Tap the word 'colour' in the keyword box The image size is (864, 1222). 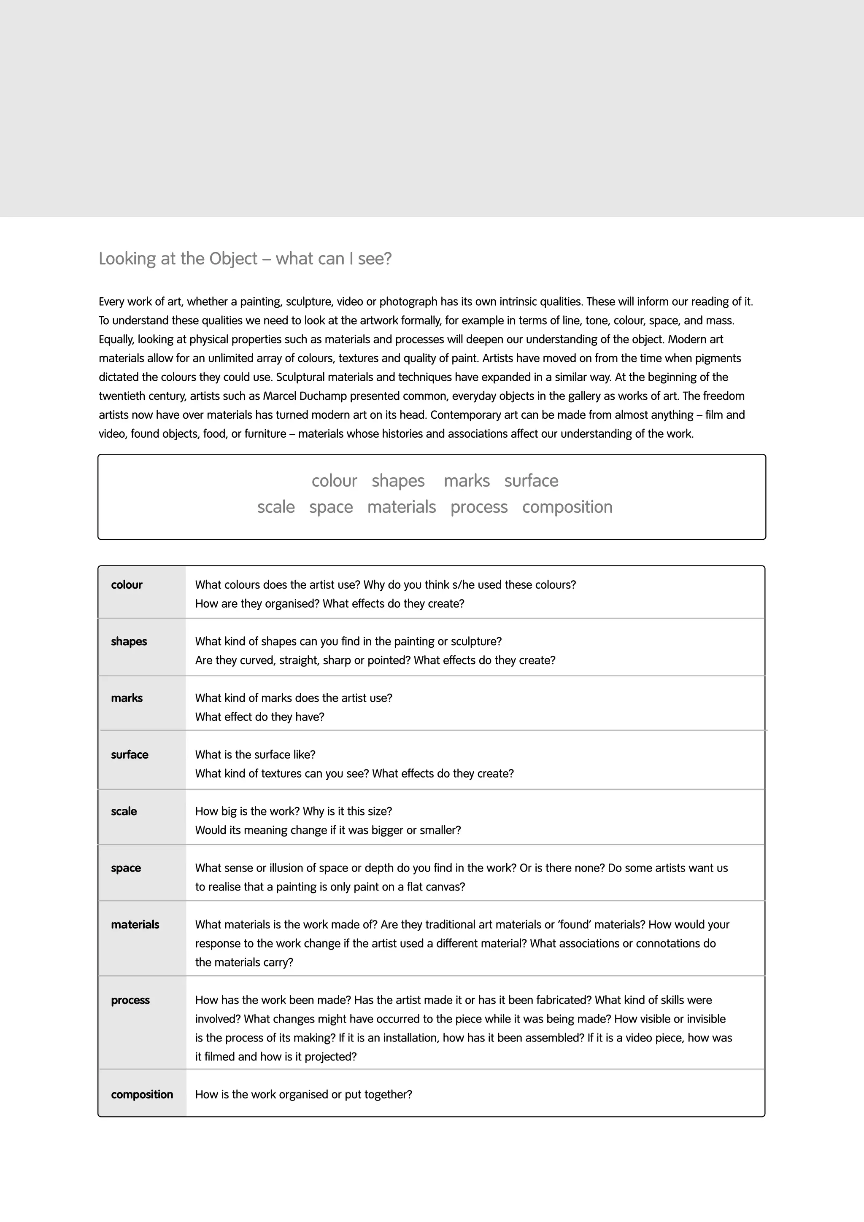pos(334,481)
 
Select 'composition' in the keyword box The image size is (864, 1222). pos(567,507)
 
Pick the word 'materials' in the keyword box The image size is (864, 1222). pos(401,507)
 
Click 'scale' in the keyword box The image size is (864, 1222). pos(276,507)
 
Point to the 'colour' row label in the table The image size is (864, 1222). pos(127,585)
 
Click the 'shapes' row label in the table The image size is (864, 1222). pos(129,641)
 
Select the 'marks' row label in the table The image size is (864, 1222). pos(127,698)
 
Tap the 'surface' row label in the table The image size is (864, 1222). pos(130,755)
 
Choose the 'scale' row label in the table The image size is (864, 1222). pos(124,811)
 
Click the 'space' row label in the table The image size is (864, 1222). pos(126,868)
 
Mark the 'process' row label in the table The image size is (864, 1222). pos(130,1000)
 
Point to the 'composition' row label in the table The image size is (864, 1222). pos(142,1094)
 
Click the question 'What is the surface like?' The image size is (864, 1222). pos(255,755)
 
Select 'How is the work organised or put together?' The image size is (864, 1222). pos(303,1094)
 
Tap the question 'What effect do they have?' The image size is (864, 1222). pos(259,717)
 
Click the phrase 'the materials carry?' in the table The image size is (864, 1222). pos(244,962)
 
